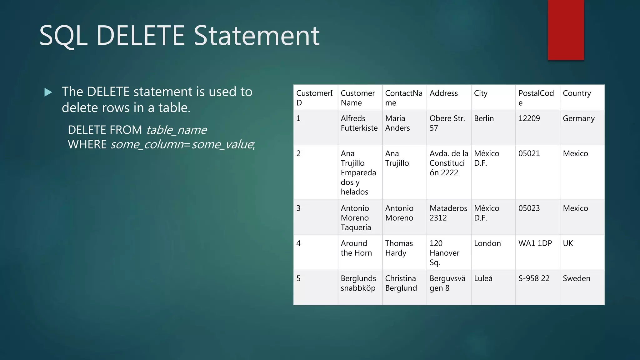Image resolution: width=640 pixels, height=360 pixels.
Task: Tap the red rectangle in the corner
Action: [566, 30]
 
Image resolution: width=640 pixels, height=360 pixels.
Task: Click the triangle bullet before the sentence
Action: [48, 92]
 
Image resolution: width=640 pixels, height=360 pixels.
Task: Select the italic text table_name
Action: [176, 130]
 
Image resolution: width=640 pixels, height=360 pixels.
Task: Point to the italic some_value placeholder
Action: [222, 144]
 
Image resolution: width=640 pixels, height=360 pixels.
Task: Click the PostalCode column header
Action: [536, 97]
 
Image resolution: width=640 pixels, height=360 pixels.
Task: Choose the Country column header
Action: [577, 93]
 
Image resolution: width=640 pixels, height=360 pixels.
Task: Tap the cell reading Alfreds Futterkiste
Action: [359, 123]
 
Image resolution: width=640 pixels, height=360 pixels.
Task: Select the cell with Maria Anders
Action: [397, 123]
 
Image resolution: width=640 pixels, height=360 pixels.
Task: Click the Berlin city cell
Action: [484, 118]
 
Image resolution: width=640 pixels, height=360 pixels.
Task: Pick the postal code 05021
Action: [529, 153]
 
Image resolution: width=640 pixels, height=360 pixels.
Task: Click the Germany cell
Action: [578, 118]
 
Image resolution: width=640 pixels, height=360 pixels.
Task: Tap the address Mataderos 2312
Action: [448, 213]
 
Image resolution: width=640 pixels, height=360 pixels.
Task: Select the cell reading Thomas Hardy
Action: [399, 248]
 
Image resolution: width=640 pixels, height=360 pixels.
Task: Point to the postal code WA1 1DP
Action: [535, 243]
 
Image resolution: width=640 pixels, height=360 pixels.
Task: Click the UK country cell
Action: [568, 243]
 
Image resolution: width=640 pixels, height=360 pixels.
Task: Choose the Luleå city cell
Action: [483, 278]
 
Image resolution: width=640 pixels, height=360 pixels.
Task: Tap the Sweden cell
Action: [576, 278]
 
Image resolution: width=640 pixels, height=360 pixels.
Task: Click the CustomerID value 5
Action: [298, 278]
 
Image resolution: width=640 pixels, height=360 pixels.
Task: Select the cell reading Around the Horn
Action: [356, 248]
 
